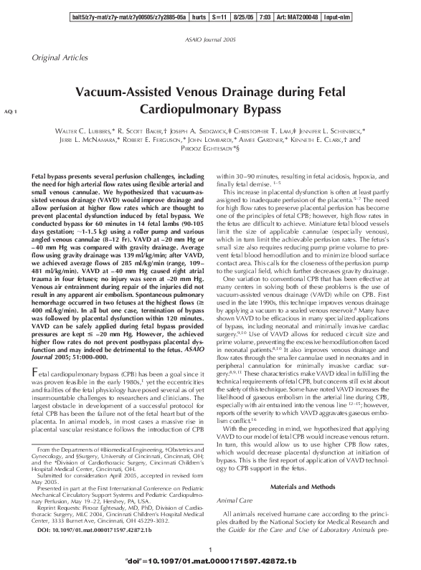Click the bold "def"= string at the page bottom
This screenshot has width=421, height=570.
coord(218,560)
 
